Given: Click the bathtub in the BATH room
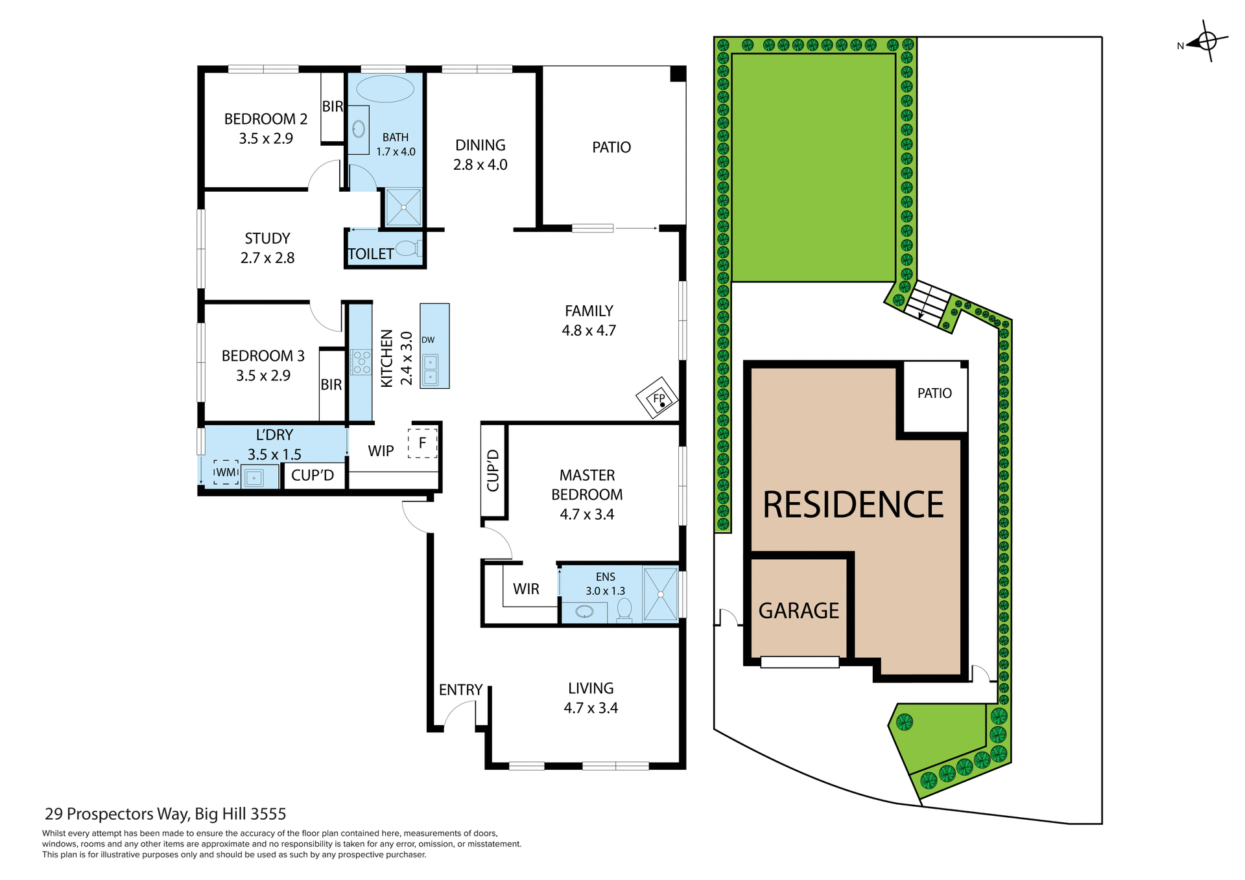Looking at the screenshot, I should tap(385, 89).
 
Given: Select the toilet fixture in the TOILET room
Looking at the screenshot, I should tap(408, 248).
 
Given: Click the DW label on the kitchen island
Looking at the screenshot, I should tap(428, 340).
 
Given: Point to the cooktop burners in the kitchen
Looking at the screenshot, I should tap(361, 362).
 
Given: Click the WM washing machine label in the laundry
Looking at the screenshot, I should tap(226, 472).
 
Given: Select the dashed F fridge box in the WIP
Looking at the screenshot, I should tap(422, 443).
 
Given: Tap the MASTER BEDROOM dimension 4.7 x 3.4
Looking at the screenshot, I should tap(587, 515).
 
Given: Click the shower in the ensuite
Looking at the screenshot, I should tap(661, 594).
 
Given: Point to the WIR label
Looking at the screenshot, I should tap(526, 589).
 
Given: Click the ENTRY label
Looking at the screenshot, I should tap(460, 689).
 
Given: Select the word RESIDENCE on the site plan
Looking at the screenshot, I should tap(853, 505).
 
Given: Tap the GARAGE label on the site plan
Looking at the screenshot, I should tap(798, 610).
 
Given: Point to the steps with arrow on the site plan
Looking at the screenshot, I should tap(927, 303).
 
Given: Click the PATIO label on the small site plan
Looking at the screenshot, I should tap(934, 393).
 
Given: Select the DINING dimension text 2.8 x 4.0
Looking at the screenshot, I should tap(480, 165).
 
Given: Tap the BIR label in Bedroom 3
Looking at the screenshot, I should tap(331, 385).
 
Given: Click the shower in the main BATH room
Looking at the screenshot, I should tap(403, 207).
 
